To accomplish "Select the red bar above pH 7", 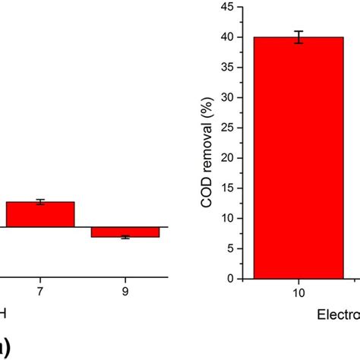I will click(40, 215).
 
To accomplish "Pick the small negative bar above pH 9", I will click(125, 232).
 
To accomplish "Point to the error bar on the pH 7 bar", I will click(40, 201).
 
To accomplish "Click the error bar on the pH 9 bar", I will click(125, 237).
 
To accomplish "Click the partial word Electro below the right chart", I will click(338, 314).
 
